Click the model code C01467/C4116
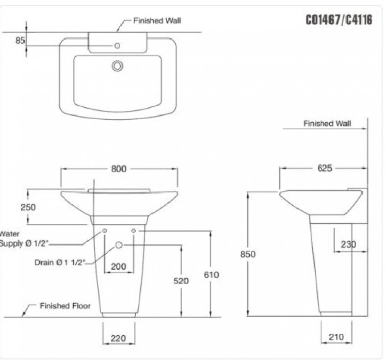[339, 21]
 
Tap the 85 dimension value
[20, 40]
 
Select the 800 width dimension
[119, 169]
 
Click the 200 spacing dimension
[119, 267]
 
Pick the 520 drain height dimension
[181, 281]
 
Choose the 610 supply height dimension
[211, 275]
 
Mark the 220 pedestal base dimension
[119, 338]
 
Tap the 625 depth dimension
[325, 168]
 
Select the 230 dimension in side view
[348, 244]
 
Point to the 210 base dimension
[336, 337]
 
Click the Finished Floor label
[65, 306]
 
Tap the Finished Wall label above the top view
[157, 21]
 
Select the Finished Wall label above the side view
[327, 123]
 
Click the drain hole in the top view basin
[118, 66]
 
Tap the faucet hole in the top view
[117, 46]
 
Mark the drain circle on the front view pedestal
[119, 245]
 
